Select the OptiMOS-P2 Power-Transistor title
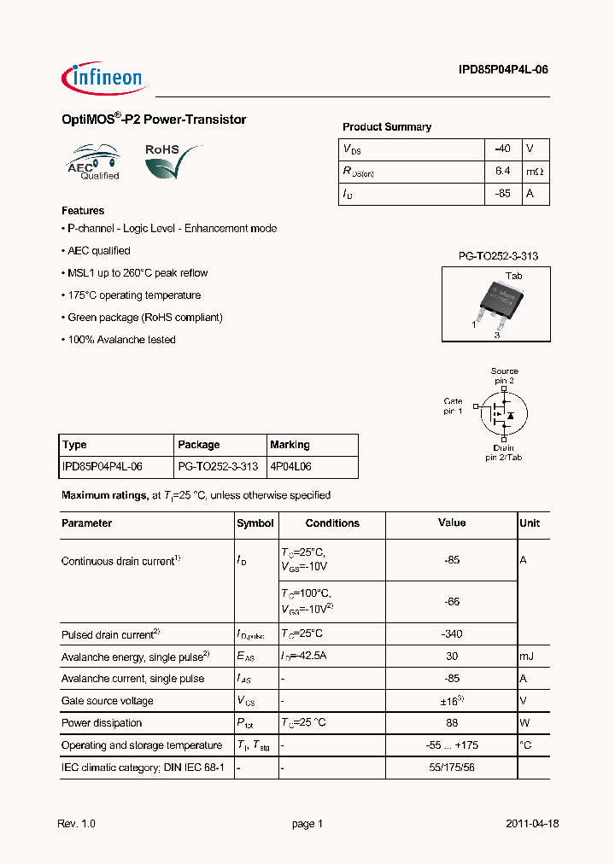(154, 120)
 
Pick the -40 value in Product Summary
(502, 149)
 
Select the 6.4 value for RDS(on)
(502, 171)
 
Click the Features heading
(83, 210)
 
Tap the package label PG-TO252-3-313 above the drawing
(498, 256)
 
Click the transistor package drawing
(495, 303)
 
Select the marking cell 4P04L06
(290, 467)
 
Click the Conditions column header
(332, 523)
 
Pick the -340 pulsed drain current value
(452, 634)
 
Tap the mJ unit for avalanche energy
(527, 657)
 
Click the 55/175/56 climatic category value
(452, 768)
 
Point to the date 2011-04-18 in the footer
(531, 824)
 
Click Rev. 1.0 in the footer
(77, 824)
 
